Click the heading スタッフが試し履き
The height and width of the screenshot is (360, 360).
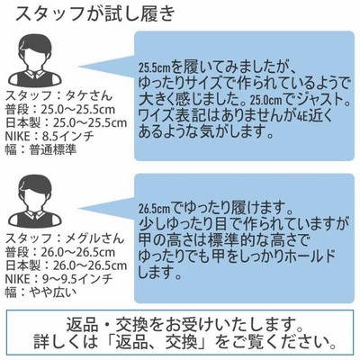click(94, 14)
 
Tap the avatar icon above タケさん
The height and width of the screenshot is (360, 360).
click(35, 61)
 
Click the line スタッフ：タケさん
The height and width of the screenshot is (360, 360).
click(58, 95)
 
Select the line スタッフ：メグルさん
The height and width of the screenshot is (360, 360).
click(65, 238)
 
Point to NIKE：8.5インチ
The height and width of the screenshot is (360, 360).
click(49, 137)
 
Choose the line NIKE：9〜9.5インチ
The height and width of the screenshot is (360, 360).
click(59, 279)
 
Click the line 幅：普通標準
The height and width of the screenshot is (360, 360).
click(41, 150)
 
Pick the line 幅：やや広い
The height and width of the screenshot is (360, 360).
click(41, 292)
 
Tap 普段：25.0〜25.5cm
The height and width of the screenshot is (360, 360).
click(60, 110)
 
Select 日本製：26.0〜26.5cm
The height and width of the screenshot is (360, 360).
click(67, 265)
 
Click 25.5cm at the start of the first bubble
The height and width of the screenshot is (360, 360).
click(155, 68)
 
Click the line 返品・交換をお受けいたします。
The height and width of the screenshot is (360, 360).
click(180, 324)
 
